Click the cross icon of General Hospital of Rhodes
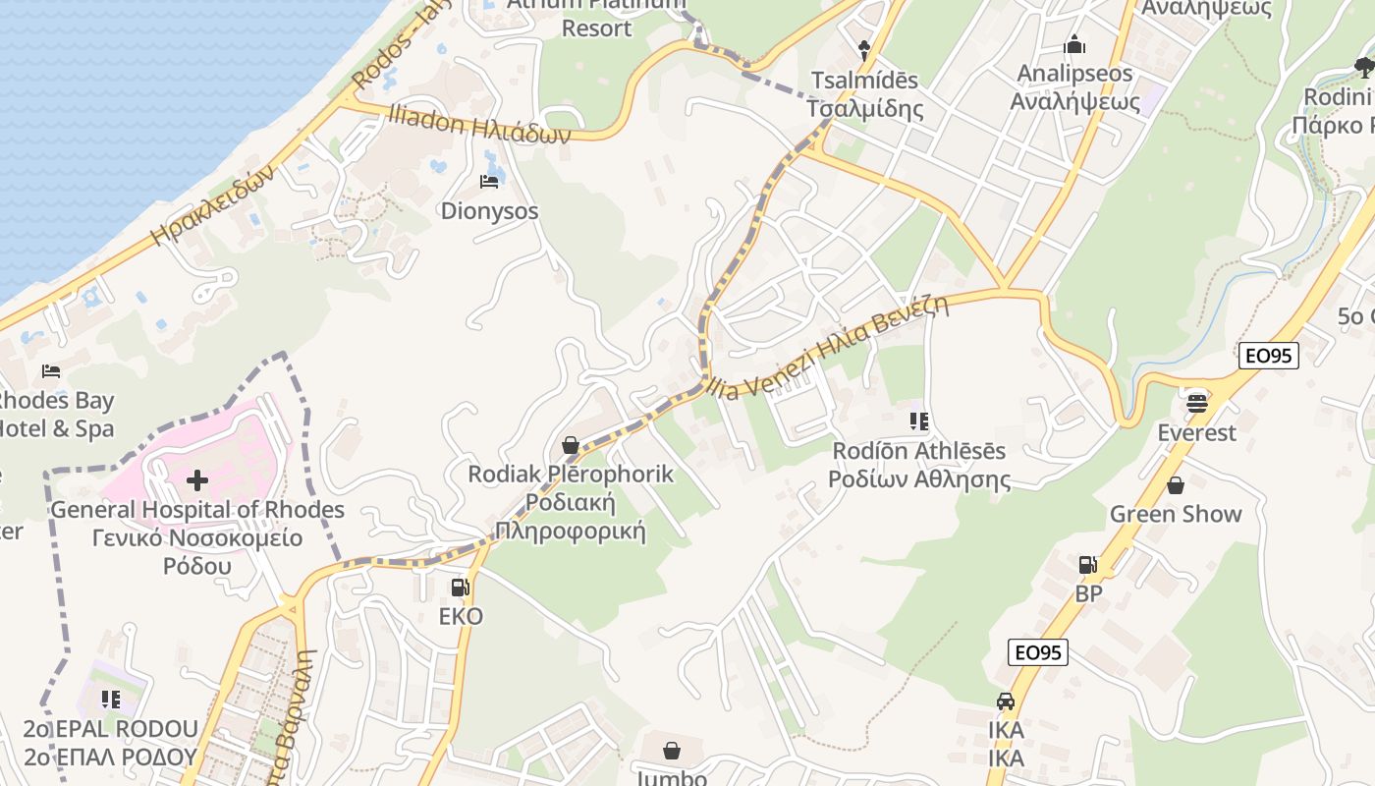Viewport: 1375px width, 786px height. click(x=197, y=479)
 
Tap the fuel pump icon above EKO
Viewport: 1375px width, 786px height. click(x=460, y=588)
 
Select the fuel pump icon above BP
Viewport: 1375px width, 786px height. click(x=1087, y=564)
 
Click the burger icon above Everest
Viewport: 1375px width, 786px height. click(x=1196, y=403)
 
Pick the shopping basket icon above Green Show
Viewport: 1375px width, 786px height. click(x=1176, y=485)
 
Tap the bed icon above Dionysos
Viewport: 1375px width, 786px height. click(x=488, y=181)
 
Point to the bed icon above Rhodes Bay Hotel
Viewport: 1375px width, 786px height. click(x=51, y=371)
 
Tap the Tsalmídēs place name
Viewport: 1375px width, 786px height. click(x=864, y=81)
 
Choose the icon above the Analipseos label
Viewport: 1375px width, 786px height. click(x=1074, y=45)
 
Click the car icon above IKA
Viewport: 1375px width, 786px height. click(x=1006, y=702)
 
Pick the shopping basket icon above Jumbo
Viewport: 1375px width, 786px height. click(x=672, y=751)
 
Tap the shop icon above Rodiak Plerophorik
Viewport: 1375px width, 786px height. click(x=570, y=445)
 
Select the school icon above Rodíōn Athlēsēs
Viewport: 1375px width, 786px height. click(x=919, y=421)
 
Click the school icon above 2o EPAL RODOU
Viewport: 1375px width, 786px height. click(x=111, y=700)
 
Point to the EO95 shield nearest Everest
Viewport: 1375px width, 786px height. click(x=1269, y=356)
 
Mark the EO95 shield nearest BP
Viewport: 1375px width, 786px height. click(x=1037, y=652)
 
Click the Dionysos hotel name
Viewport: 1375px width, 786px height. click(x=489, y=210)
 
